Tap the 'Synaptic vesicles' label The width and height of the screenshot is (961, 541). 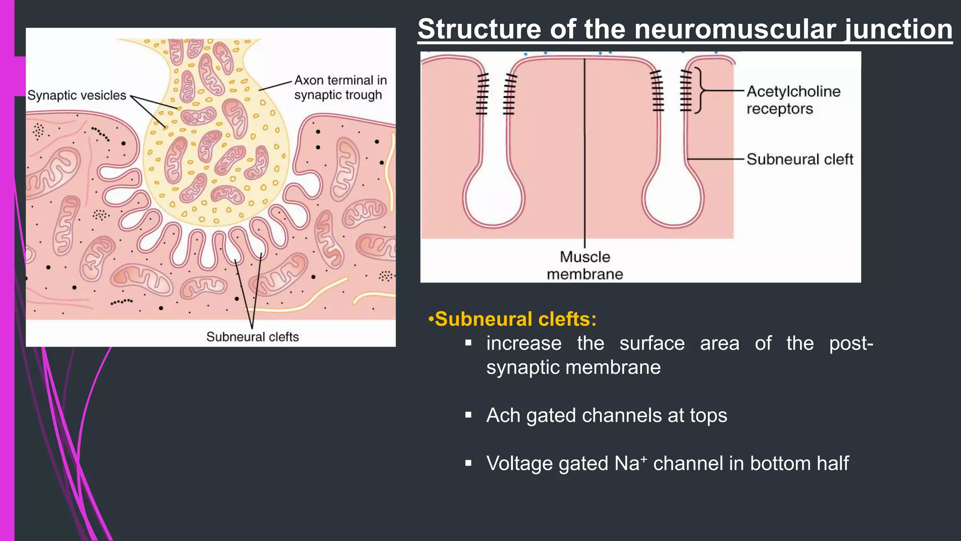pos(77,95)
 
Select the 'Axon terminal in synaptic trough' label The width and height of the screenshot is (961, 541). pos(340,87)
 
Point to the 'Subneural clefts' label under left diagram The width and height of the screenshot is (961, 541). pos(252,337)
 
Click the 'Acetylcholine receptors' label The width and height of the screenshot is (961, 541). pos(793,100)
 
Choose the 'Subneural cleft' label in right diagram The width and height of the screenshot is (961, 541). pos(800,159)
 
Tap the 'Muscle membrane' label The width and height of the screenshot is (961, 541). pos(585,265)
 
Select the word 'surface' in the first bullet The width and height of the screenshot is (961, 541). pos(652,343)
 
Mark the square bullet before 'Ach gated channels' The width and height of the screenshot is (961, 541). pos(468,415)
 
